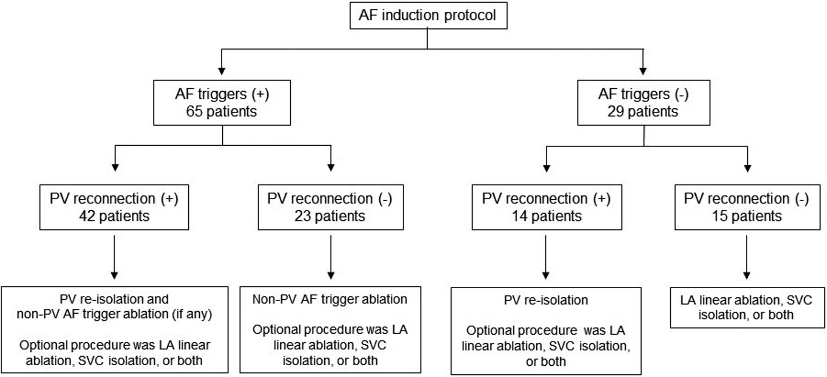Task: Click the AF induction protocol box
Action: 428,15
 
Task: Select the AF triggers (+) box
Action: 222,103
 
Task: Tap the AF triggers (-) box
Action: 644,103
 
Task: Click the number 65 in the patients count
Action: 194,112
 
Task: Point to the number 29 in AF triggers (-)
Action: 616,112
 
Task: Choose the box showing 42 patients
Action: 114,207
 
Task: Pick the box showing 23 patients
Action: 331,207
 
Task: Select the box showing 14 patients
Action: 547,207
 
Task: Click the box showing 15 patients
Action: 747,207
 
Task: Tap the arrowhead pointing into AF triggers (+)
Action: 222,71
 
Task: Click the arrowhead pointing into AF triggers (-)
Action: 643,71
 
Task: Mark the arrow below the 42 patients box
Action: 114,257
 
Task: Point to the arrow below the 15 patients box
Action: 747,257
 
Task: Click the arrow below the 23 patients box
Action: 331,257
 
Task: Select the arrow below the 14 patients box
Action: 546,257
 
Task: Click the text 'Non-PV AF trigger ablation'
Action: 330,299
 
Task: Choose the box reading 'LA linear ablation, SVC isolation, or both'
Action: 747,308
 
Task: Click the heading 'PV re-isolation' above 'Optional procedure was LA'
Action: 546,300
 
